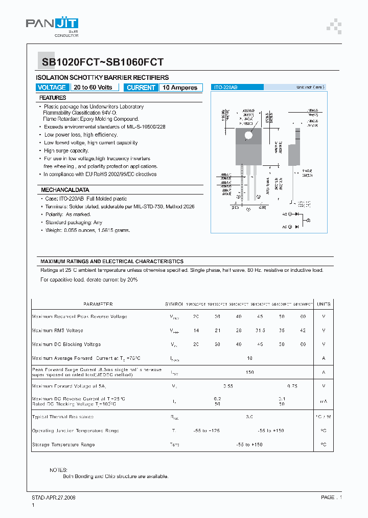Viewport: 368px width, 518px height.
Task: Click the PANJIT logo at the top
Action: (x=52, y=25)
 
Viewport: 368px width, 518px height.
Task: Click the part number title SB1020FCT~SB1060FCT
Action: (x=100, y=62)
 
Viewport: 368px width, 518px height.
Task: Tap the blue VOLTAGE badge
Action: (x=52, y=88)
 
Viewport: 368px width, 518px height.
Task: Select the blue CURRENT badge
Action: (x=141, y=88)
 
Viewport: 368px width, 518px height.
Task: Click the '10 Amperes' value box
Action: (x=180, y=88)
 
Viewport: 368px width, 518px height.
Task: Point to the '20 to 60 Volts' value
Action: (x=93, y=88)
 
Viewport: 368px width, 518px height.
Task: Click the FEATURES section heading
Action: (x=53, y=98)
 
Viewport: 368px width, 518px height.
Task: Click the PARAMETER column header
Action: (x=98, y=304)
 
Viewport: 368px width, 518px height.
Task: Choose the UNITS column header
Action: (x=324, y=304)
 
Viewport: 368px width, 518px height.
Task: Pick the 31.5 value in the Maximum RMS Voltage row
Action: (x=260, y=331)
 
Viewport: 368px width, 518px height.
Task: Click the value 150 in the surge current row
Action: (x=249, y=372)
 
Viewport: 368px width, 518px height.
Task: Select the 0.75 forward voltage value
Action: (x=292, y=386)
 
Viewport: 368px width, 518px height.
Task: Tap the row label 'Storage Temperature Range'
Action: (x=63, y=445)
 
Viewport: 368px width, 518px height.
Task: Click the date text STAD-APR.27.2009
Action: (x=54, y=498)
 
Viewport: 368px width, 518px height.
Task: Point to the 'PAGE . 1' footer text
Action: (x=331, y=498)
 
